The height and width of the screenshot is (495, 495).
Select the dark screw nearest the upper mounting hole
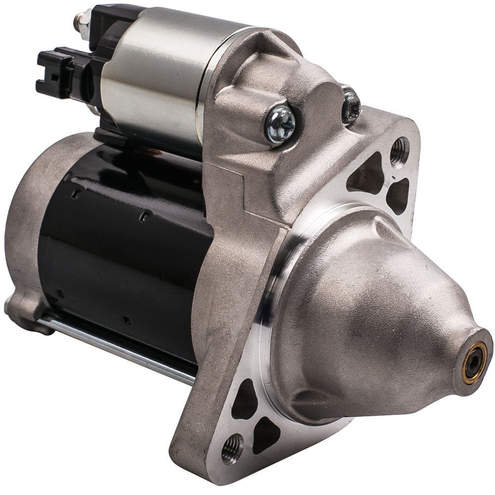[x=351, y=106]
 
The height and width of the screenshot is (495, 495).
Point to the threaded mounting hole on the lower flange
[x=232, y=447]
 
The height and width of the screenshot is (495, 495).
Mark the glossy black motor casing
[x=124, y=247]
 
